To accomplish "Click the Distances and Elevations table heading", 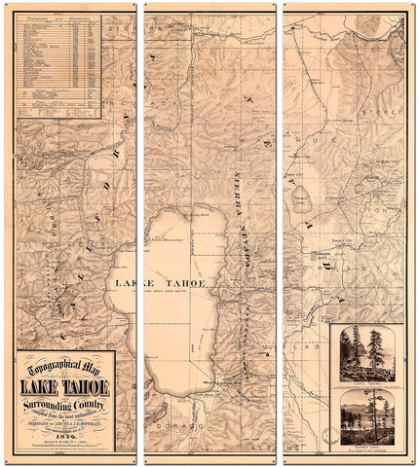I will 57,18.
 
